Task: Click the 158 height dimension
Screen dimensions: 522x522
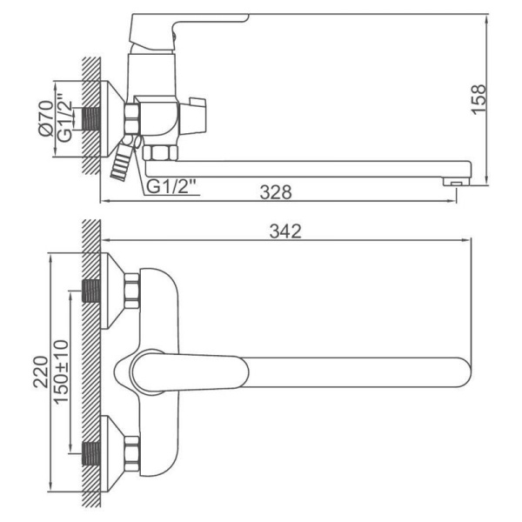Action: tap(478, 99)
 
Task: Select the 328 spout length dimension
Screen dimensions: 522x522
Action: tap(276, 192)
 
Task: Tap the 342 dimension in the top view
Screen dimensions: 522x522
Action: tap(285, 231)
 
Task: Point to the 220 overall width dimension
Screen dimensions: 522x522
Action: tap(41, 371)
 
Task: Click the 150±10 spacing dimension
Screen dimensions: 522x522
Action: tap(61, 371)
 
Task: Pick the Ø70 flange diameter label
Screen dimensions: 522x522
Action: tap(46, 118)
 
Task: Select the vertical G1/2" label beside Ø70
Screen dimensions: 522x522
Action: tap(64, 118)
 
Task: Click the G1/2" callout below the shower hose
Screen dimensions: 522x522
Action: tap(171, 187)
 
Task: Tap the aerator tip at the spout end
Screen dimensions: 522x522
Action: tap(456, 182)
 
